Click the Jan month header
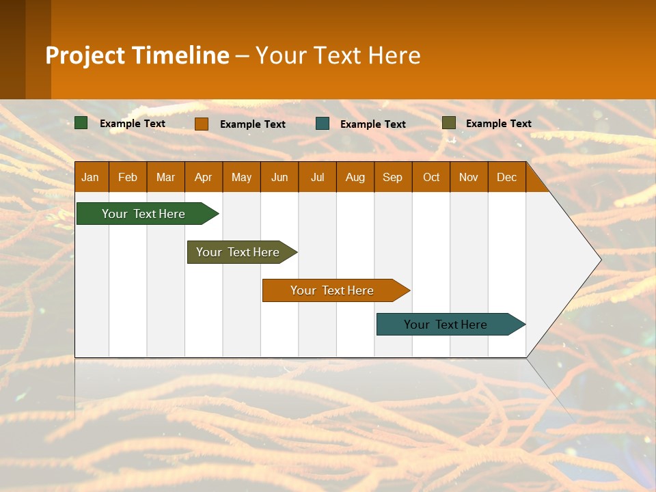coord(91,177)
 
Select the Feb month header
coord(128,177)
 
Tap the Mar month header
coord(165,177)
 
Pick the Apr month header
coord(204,177)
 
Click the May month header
coord(241,177)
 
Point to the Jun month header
coord(279,177)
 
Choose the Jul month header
coord(317,177)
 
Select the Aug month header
coord(355,177)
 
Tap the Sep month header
coord(393,177)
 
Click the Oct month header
coord(431,177)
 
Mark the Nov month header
coord(469,177)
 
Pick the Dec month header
coord(507,177)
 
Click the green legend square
coord(81,123)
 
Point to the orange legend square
coord(202,124)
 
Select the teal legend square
coord(323,124)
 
